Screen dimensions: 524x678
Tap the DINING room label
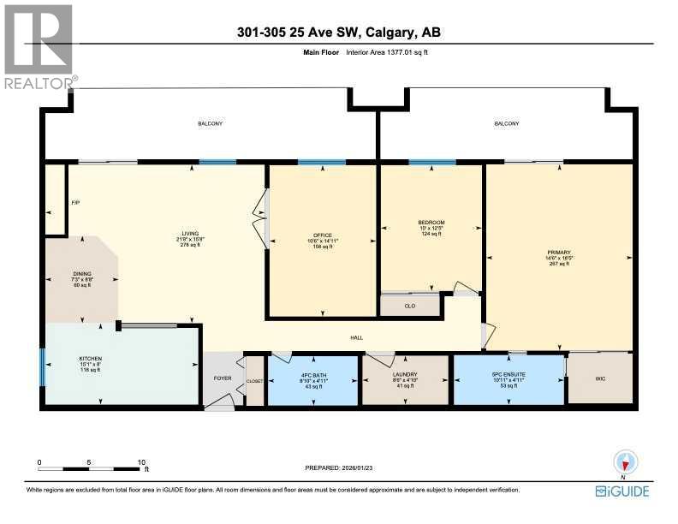(82, 274)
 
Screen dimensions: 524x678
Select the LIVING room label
(189, 232)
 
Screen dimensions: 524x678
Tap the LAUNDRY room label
(405, 373)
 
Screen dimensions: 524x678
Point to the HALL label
(357, 337)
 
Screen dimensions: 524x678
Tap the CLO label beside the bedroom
(409, 305)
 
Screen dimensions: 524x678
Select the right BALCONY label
(506, 124)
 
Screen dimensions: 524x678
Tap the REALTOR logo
(39, 47)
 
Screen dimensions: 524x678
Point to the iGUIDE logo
(622, 491)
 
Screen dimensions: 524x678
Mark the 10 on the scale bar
(141, 461)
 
